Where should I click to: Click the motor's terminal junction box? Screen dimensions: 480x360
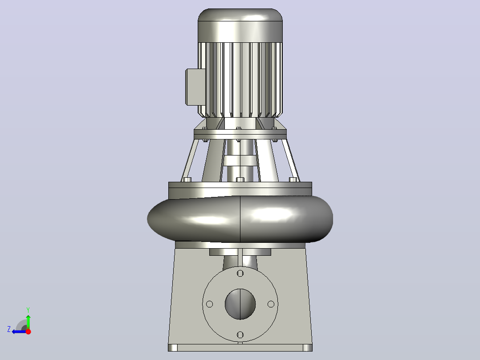point(195,87)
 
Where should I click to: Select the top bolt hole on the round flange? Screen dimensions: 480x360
point(240,273)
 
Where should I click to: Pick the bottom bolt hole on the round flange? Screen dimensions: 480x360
point(240,335)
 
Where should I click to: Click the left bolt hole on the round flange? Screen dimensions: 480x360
point(210,304)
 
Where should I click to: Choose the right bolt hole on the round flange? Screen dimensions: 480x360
point(271,304)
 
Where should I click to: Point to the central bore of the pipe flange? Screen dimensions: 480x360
point(240,304)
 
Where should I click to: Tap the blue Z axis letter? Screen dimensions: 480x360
point(9,329)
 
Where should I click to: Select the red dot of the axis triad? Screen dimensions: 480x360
point(28,331)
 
